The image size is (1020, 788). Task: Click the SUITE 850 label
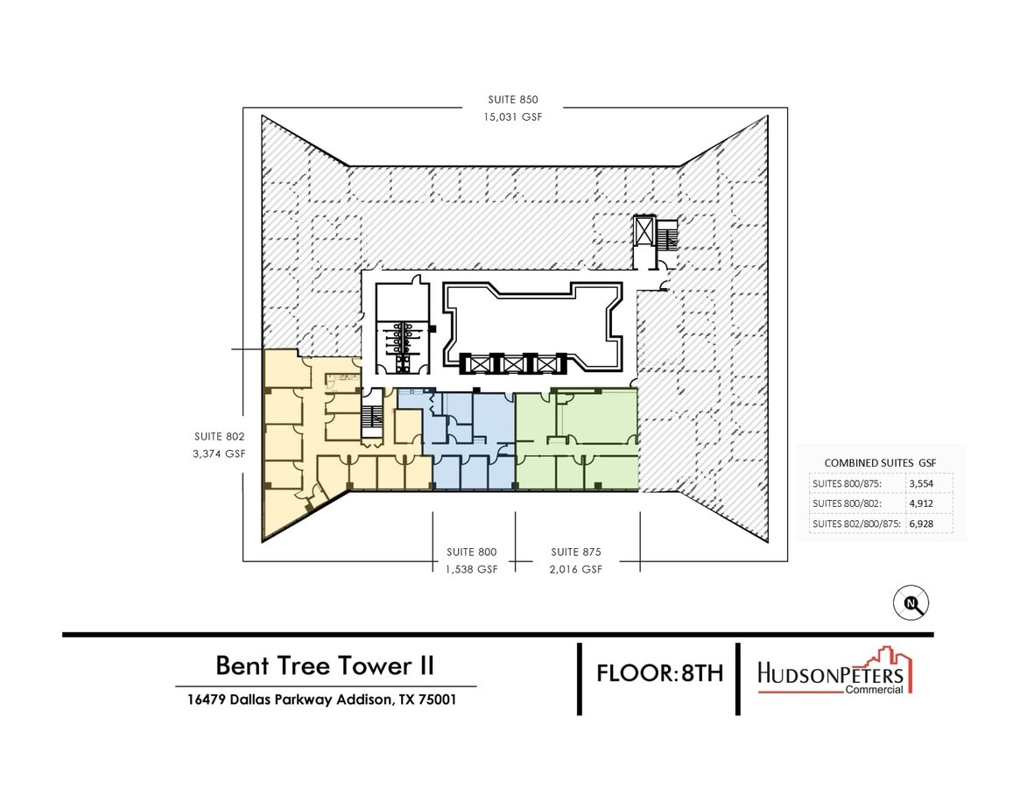(x=513, y=100)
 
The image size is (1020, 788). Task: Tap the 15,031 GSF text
(x=513, y=116)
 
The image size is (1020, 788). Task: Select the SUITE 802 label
(x=220, y=436)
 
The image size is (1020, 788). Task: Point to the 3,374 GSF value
(x=220, y=453)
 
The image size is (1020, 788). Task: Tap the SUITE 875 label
(x=575, y=552)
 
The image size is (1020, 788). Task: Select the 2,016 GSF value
(x=575, y=568)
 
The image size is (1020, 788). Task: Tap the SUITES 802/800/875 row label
(x=855, y=524)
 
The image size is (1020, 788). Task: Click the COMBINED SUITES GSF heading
(x=881, y=462)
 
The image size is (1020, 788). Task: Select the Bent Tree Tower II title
(x=325, y=665)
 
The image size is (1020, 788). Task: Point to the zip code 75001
(x=436, y=700)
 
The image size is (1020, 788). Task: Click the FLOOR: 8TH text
(x=659, y=673)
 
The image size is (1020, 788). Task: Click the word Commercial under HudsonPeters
(x=873, y=689)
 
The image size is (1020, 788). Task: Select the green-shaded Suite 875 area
(x=595, y=420)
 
